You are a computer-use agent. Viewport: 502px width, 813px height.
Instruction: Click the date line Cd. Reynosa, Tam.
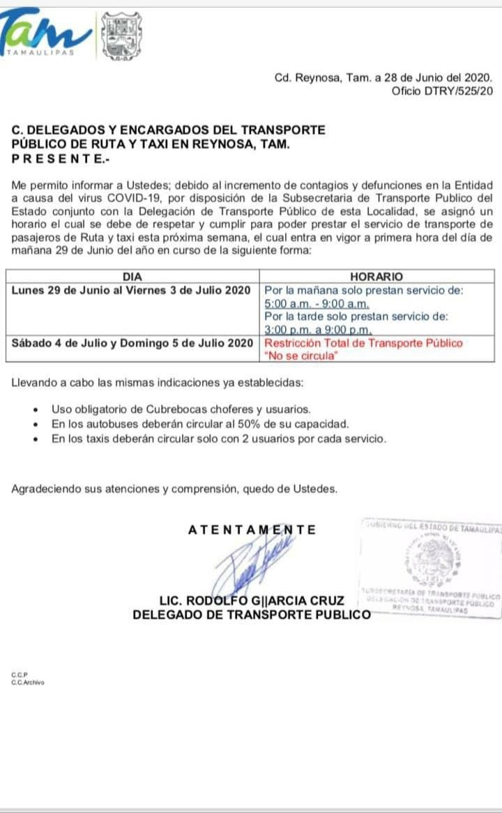click(383, 78)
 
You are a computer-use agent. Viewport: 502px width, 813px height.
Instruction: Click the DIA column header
click(132, 277)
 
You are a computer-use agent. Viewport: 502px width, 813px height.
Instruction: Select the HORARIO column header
click(376, 277)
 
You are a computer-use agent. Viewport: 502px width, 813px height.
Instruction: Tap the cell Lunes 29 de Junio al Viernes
click(132, 290)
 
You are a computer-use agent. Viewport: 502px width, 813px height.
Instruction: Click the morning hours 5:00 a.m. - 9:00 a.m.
click(317, 304)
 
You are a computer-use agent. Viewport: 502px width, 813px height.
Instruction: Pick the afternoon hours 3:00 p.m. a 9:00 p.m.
click(319, 330)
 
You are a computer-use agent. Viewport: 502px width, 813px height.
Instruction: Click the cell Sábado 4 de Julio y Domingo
click(132, 343)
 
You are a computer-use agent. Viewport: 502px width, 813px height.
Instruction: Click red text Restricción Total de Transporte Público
click(363, 343)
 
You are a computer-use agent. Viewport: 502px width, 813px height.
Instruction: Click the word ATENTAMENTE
click(252, 530)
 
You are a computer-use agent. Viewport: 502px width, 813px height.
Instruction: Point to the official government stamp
click(430, 565)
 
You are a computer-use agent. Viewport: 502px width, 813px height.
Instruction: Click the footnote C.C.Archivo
click(27, 683)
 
